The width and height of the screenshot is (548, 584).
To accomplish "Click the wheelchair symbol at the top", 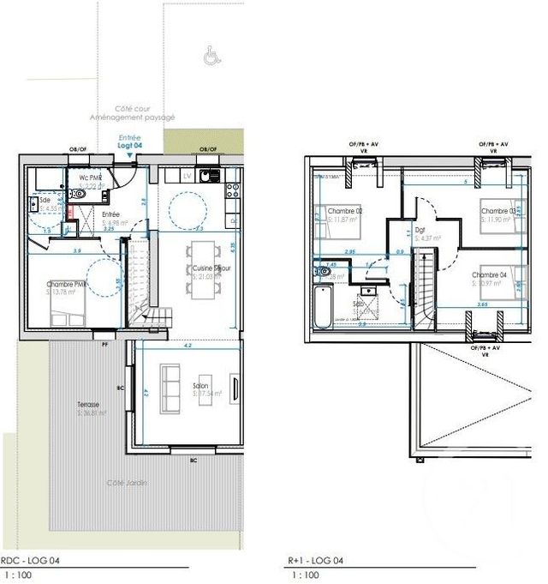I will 209,57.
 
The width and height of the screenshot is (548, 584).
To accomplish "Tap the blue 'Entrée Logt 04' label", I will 130,142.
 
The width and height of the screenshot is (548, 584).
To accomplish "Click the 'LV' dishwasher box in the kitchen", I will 187,176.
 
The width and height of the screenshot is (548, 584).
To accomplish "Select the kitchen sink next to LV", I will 205,176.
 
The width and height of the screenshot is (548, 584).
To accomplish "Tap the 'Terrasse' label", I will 86,405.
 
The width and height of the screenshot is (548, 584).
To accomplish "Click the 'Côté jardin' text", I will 127,484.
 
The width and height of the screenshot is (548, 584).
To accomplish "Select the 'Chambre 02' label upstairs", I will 348,211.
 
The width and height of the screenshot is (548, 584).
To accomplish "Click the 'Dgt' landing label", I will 420,230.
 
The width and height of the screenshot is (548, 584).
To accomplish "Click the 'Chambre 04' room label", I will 488,275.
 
